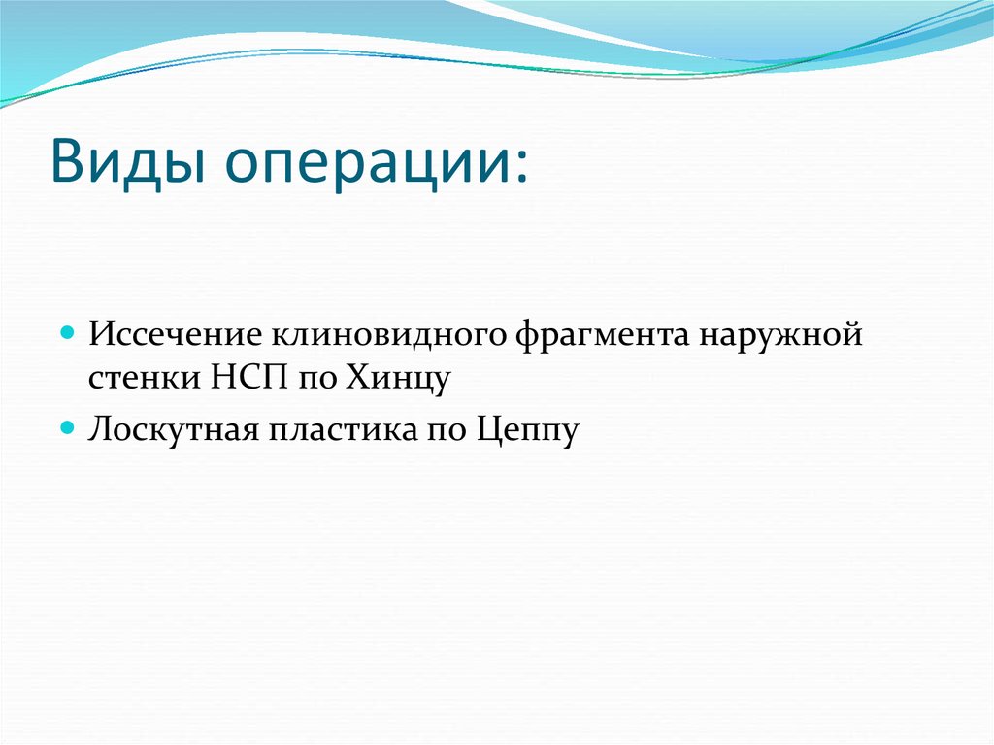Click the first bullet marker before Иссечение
point(67,332)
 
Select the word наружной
point(787,337)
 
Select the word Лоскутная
point(171,427)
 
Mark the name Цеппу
point(527,429)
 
